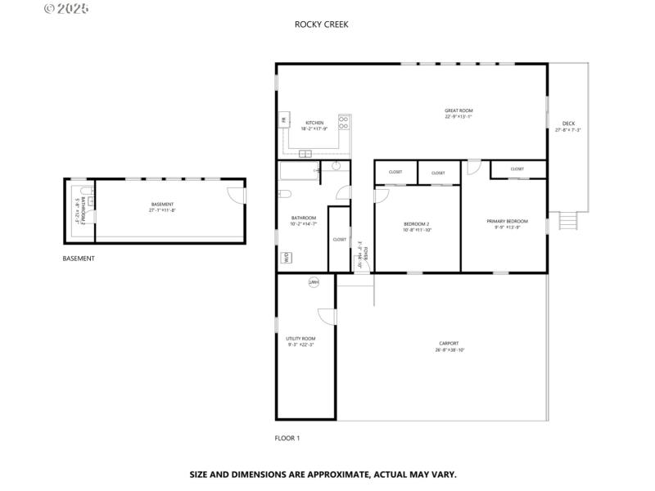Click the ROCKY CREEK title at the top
click(x=321, y=25)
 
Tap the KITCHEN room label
click(x=314, y=123)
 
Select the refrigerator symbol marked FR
click(x=283, y=121)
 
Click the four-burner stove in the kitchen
click(x=344, y=122)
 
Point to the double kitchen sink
click(x=305, y=154)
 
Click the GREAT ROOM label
click(x=458, y=110)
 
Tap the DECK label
click(x=568, y=124)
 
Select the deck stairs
click(x=567, y=221)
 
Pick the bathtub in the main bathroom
click(x=298, y=172)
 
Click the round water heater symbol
click(x=313, y=282)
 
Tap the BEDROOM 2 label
click(x=416, y=224)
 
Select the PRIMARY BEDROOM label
click(x=507, y=221)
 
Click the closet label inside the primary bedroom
click(x=517, y=169)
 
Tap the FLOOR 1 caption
click(x=287, y=438)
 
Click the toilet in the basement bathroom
click(x=91, y=200)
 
